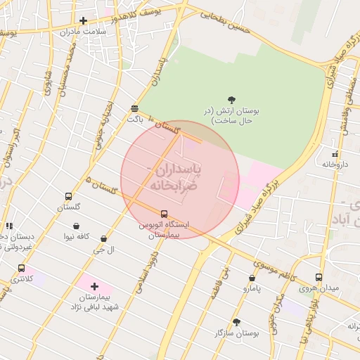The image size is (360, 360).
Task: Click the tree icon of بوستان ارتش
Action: tap(232, 100)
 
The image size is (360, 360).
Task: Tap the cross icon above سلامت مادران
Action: tap(84, 21)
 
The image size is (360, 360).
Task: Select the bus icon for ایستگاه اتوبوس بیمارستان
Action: tap(164, 214)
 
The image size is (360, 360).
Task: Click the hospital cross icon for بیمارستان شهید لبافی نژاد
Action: tap(94, 286)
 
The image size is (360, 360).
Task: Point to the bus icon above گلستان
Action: tap(68, 197)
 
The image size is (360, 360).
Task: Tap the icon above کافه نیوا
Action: tap(76, 226)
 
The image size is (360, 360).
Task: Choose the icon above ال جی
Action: tap(104, 239)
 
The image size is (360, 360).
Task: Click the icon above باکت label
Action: tap(134, 108)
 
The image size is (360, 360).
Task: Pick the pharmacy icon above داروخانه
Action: tap(335, 154)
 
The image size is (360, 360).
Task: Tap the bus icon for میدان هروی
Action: tap(319, 277)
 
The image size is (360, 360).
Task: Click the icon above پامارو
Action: tap(252, 278)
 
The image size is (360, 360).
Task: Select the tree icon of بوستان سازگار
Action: tap(236, 322)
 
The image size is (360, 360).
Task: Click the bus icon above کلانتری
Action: tap(21, 269)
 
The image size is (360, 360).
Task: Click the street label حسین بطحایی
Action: tap(225, 19)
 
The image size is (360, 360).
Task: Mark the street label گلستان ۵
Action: tap(98, 185)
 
